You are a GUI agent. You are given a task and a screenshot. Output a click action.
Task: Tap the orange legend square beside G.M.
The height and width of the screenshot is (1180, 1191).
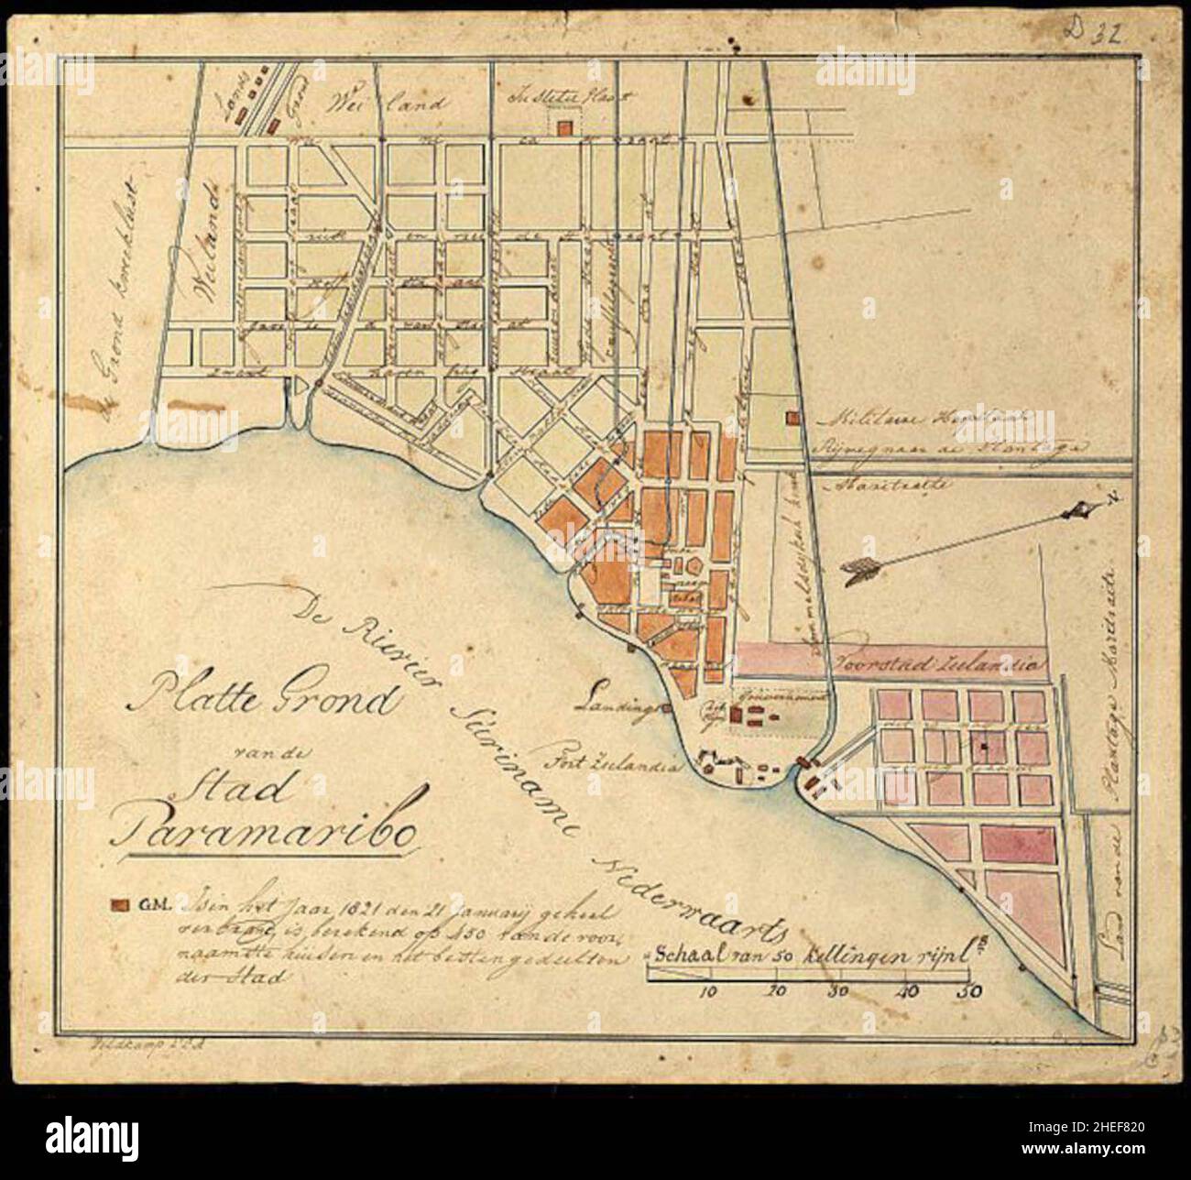117,905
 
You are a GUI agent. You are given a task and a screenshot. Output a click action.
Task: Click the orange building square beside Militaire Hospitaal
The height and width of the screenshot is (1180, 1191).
790,420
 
